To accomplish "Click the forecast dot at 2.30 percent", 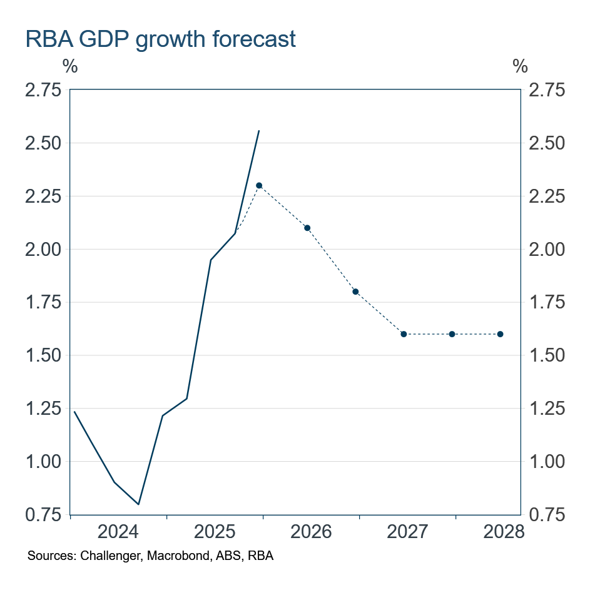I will coord(259,185).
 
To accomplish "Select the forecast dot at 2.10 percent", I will coord(307,228).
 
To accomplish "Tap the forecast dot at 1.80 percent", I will coord(355,292).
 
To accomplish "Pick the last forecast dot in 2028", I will coord(500,334).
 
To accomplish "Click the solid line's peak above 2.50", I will coord(259,131).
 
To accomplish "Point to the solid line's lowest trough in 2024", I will coord(138,504).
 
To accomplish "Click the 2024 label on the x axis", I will coord(118,532).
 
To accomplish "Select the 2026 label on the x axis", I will coord(311,532).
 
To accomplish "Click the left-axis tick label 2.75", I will coord(43,90).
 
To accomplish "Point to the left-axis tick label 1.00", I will coord(43,462).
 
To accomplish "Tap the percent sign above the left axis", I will coord(70,66).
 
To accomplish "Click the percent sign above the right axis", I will coord(520,66).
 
